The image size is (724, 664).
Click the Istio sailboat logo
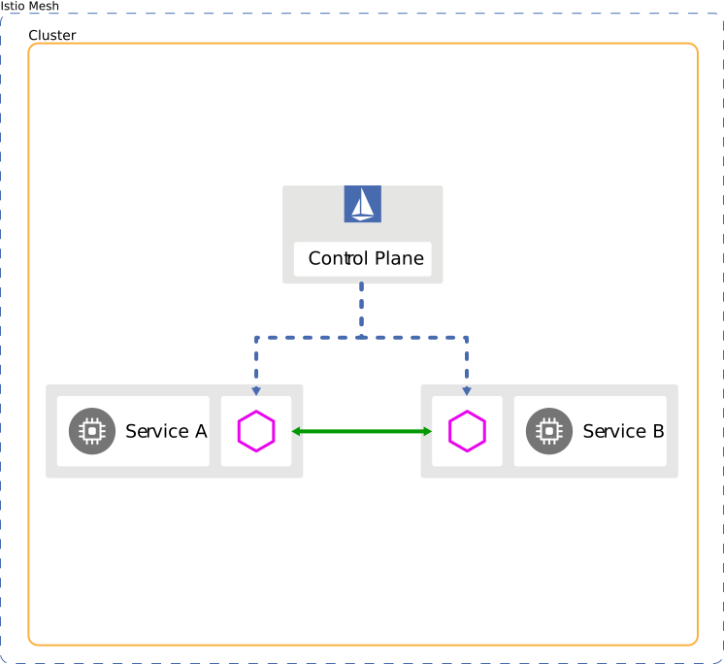pos(363,205)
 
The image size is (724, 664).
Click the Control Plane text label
pos(366,259)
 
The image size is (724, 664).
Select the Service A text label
pos(166,431)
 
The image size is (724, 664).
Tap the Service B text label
pos(623,431)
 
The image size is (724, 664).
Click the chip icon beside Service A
pos(92,431)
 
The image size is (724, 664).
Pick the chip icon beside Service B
pos(549,431)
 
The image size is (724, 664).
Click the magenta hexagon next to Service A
pos(256,431)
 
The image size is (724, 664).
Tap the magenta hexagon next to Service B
pos(467,431)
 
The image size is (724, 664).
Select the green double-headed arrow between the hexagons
pos(362,431)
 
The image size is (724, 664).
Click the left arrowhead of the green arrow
pos(297,431)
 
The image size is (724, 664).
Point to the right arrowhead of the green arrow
pos(426,431)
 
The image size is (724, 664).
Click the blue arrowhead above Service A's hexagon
pos(256,390)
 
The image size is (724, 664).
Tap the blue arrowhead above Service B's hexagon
pos(467,390)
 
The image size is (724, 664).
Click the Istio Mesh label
pos(29,7)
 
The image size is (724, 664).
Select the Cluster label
pos(52,36)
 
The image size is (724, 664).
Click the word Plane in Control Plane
pos(399,259)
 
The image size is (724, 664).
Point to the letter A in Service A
pos(201,431)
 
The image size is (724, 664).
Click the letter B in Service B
pos(658,431)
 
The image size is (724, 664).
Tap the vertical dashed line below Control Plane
pos(362,309)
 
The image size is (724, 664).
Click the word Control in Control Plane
pos(338,259)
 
